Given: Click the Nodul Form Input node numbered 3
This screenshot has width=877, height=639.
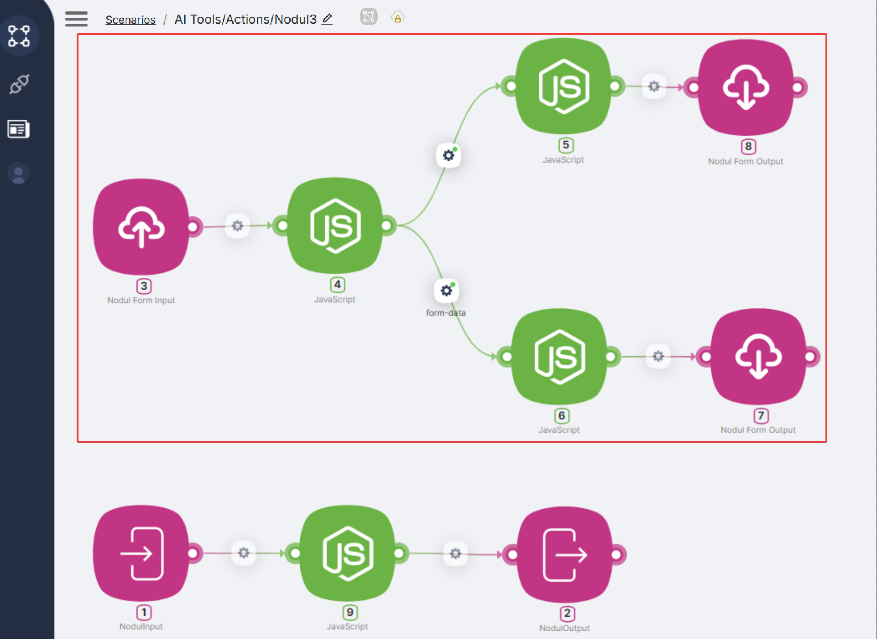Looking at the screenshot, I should click(x=141, y=227).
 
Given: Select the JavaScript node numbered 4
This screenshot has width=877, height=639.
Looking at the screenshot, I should click(x=335, y=226).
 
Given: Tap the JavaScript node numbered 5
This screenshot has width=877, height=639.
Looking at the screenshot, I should click(x=564, y=86).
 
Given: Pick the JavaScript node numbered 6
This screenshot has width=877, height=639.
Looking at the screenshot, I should click(x=559, y=357).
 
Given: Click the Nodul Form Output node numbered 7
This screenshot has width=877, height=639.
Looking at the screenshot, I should click(x=758, y=357).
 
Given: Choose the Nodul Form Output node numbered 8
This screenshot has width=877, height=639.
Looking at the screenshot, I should click(x=746, y=87).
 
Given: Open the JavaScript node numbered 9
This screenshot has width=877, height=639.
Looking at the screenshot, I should click(x=348, y=554).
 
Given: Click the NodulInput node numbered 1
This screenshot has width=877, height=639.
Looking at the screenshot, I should click(x=141, y=554).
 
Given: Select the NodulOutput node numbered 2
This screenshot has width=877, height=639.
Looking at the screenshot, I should click(x=565, y=555).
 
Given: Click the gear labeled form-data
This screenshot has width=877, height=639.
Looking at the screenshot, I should click(x=446, y=290).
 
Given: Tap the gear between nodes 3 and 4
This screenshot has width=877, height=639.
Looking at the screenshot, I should click(x=237, y=226).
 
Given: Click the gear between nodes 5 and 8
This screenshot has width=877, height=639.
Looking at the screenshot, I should click(x=654, y=86).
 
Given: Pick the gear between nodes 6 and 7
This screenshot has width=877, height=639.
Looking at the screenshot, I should click(x=658, y=356).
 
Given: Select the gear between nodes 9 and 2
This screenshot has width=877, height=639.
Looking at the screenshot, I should click(x=455, y=554).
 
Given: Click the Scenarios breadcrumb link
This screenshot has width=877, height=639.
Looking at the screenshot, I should click(x=131, y=20).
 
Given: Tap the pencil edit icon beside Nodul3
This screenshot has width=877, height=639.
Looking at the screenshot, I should click(x=327, y=19).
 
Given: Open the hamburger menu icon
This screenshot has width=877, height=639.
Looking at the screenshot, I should click(x=76, y=19).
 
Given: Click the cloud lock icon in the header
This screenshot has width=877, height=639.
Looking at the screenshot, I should click(x=397, y=18).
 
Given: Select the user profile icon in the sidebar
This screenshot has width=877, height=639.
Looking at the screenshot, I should click(x=19, y=174).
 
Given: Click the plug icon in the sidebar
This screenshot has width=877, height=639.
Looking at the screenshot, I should click(x=19, y=84).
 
